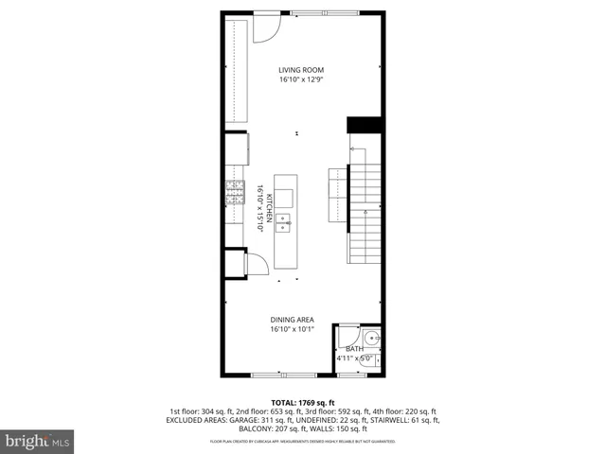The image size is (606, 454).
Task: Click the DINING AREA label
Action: [x=292, y=319]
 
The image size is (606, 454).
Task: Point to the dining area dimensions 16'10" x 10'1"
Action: [x=292, y=330]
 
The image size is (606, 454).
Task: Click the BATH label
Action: [x=354, y=349]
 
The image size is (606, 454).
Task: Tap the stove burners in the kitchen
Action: [x=235, y=194]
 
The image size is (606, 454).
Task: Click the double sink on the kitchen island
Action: [x=284, y=224]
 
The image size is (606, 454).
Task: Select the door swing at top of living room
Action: [x=264, y=29]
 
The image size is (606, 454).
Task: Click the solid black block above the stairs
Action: [x=364, y=125]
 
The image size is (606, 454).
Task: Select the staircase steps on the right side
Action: [x=365, y=213]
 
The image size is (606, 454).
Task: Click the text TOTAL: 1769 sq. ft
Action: [x=302, y=402]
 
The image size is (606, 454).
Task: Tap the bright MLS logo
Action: [x=38, y=441]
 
